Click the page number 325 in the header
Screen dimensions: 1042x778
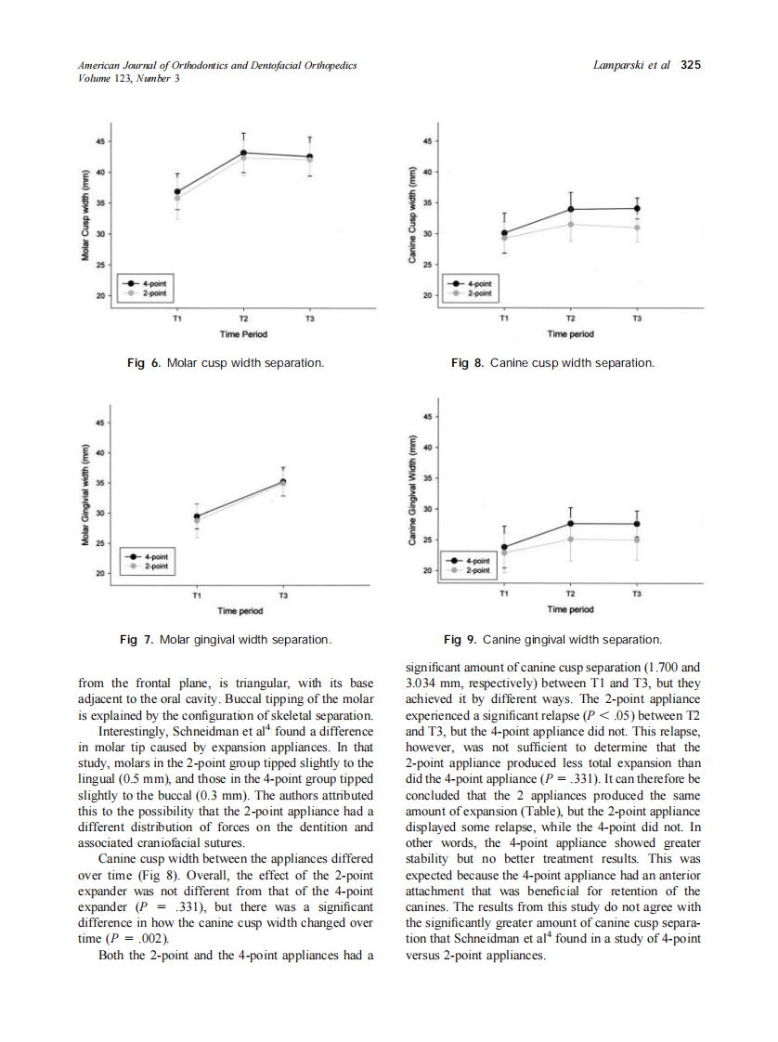690,65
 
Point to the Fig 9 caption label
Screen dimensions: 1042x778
460,640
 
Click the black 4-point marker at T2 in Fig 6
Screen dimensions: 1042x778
243,152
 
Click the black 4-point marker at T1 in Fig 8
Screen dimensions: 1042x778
504,233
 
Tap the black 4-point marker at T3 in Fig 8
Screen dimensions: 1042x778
637,208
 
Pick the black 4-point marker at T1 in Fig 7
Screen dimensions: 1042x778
196,516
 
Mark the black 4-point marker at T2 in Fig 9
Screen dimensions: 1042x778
571,524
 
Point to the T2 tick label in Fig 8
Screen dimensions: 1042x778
570,318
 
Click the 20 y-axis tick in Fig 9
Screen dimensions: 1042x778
428,570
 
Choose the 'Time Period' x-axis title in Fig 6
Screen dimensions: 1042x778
243,333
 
